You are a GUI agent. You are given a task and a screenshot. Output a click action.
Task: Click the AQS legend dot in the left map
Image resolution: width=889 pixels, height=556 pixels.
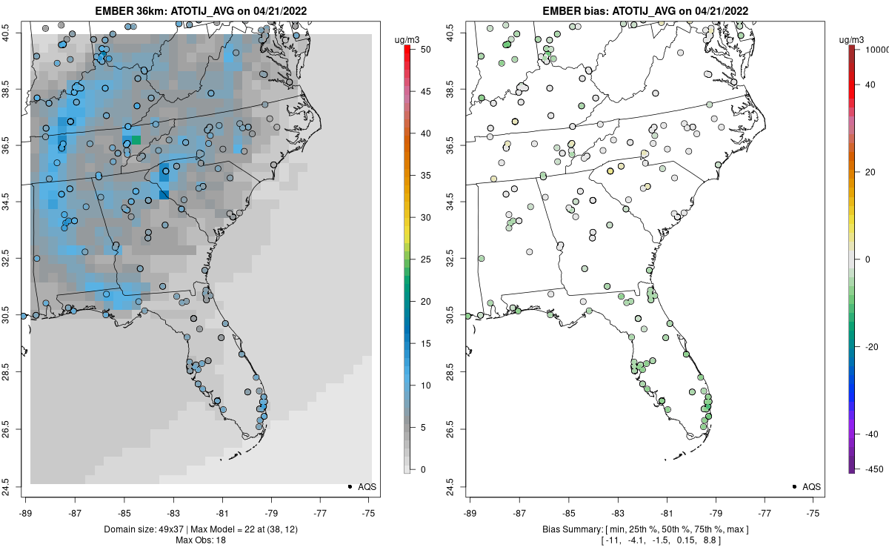349,486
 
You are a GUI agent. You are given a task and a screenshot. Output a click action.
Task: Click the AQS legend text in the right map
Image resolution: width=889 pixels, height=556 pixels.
811,486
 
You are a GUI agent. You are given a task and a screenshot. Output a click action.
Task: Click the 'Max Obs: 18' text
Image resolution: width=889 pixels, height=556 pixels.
200,540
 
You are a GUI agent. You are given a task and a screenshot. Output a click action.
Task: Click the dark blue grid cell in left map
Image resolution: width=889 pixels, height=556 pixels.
164,195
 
